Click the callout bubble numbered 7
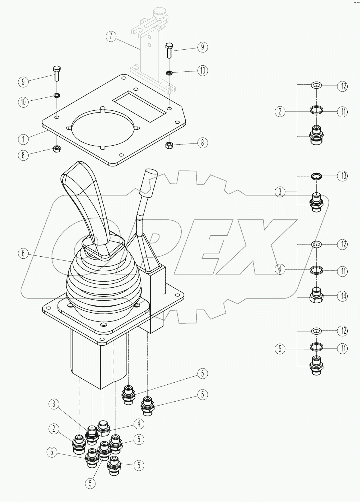coord(111,37)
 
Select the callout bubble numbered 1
coord(23,139)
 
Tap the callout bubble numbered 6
coord(23,253)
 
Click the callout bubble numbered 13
coord(342,176)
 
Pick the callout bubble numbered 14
coord(342,296)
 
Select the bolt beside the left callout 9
coord(57,73)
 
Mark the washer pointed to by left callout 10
coord(56,96)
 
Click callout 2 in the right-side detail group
coord(280,112)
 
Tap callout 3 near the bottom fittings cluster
coord(54,404)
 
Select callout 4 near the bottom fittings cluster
coord(139,424)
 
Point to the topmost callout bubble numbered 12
coord(342,86)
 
